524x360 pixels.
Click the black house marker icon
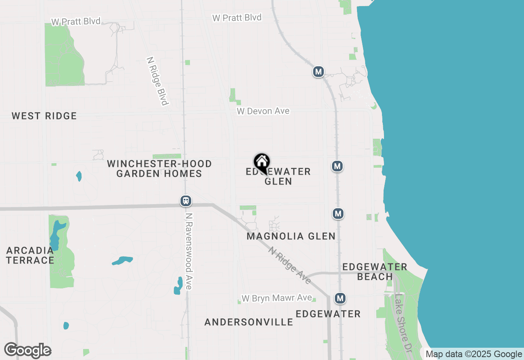tap(262, 162)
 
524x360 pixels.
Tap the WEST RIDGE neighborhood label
tap(44, 116)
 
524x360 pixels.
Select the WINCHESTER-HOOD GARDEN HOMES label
tap(159, 169)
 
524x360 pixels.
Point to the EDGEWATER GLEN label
tap(278, 176)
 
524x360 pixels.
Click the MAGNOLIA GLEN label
tap(291, 236)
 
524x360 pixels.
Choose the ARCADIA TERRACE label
tap(30, 255)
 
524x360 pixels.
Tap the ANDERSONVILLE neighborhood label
tap(249, 322)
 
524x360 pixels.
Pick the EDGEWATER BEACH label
tap(375, 272)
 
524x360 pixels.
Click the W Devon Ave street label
tap(263, 111)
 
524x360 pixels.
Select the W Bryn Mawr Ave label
tap(277, 298)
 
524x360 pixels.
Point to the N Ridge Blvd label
tap(158, 81)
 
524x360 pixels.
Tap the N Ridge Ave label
tap(289, 265)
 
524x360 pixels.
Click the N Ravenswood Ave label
tap(189, 251)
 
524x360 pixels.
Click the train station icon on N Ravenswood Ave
tap(186, 201)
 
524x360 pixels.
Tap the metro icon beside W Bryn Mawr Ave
tap(340, 298)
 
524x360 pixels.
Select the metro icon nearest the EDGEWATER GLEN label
tap(337, 166)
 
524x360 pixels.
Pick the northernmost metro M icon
tap(318, 72)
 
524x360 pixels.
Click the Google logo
tap(28, 351)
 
